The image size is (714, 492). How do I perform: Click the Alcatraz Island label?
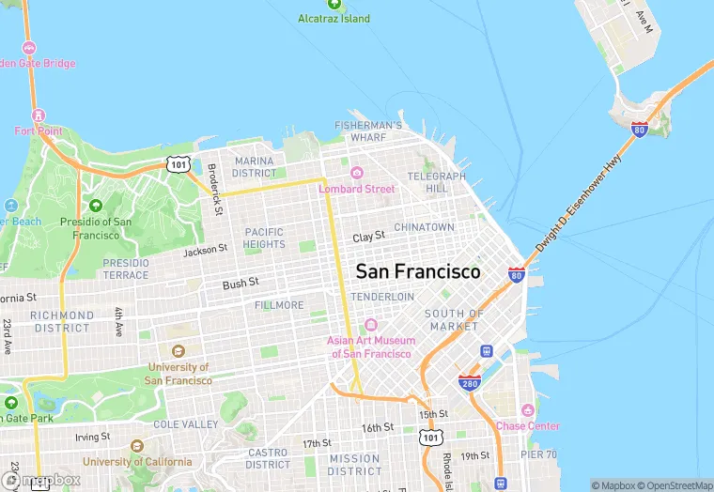[334, 19]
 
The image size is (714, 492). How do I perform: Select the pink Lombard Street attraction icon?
[357, 173]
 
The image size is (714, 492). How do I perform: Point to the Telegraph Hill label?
[437, 182]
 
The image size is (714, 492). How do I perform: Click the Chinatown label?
[424, 227]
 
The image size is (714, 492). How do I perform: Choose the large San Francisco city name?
[418, 271]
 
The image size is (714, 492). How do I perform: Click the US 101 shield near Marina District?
[178, 164]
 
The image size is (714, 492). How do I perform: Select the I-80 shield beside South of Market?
[517, 274]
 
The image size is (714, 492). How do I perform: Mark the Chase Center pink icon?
[527, 410]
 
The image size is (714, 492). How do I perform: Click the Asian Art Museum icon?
[370, 324]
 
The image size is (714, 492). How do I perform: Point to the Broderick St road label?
[215, 189]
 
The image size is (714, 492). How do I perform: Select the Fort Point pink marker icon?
[39, 115]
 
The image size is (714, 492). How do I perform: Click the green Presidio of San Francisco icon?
[95, 206]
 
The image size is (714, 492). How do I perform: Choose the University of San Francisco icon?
[178, 351]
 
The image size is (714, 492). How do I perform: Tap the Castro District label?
[268, 458]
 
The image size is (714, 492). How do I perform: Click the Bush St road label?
[240, 284]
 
